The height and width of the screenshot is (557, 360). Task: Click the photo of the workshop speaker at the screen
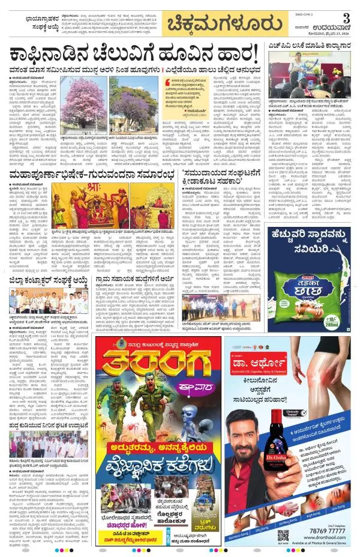coord(310,80)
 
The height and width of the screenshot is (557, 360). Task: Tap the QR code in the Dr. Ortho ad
coord(283,534)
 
